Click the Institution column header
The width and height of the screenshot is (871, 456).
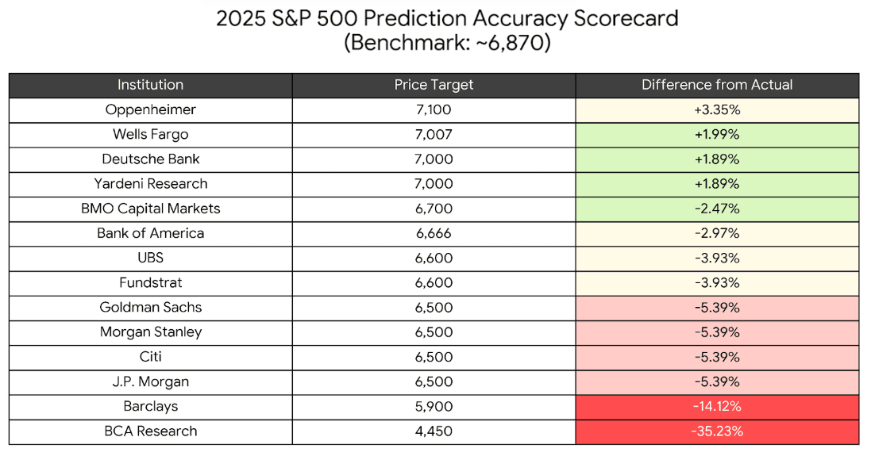click(150, 85)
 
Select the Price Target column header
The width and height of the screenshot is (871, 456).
click(434, 85)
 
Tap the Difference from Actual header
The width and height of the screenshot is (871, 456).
click(717, 85)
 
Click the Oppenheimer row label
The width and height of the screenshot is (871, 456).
click(150, 109)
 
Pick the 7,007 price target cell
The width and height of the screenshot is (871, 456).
click(434, 134)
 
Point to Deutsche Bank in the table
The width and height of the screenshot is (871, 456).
click(150, 159)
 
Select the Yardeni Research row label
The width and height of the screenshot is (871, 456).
click(150, 184)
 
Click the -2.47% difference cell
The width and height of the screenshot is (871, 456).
click(717, 209)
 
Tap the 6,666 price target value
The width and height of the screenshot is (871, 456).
click(434, 233)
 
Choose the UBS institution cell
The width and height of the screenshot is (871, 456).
click(150, 258)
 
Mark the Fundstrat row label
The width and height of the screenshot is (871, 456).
click(150, 282)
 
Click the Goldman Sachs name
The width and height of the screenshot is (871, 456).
click(150, 307)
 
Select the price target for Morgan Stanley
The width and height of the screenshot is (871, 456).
click(434, 331)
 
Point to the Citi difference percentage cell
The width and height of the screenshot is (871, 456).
click(717, 357)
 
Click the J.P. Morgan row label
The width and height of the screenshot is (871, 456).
click(150, 381)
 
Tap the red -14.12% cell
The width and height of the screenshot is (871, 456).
click(717, 406)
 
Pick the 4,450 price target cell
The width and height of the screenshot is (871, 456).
click(434, 431)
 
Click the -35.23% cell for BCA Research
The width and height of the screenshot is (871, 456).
click(717, 431)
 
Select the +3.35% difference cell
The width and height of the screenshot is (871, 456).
click(717, 109)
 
